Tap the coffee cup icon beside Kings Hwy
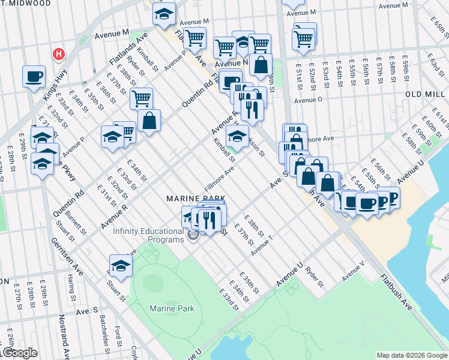tap(34, 76)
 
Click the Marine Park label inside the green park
tap(172, 308)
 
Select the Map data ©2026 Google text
tap(411, 355)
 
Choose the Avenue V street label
tap(353, 271)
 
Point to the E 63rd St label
tap(430, 62)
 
